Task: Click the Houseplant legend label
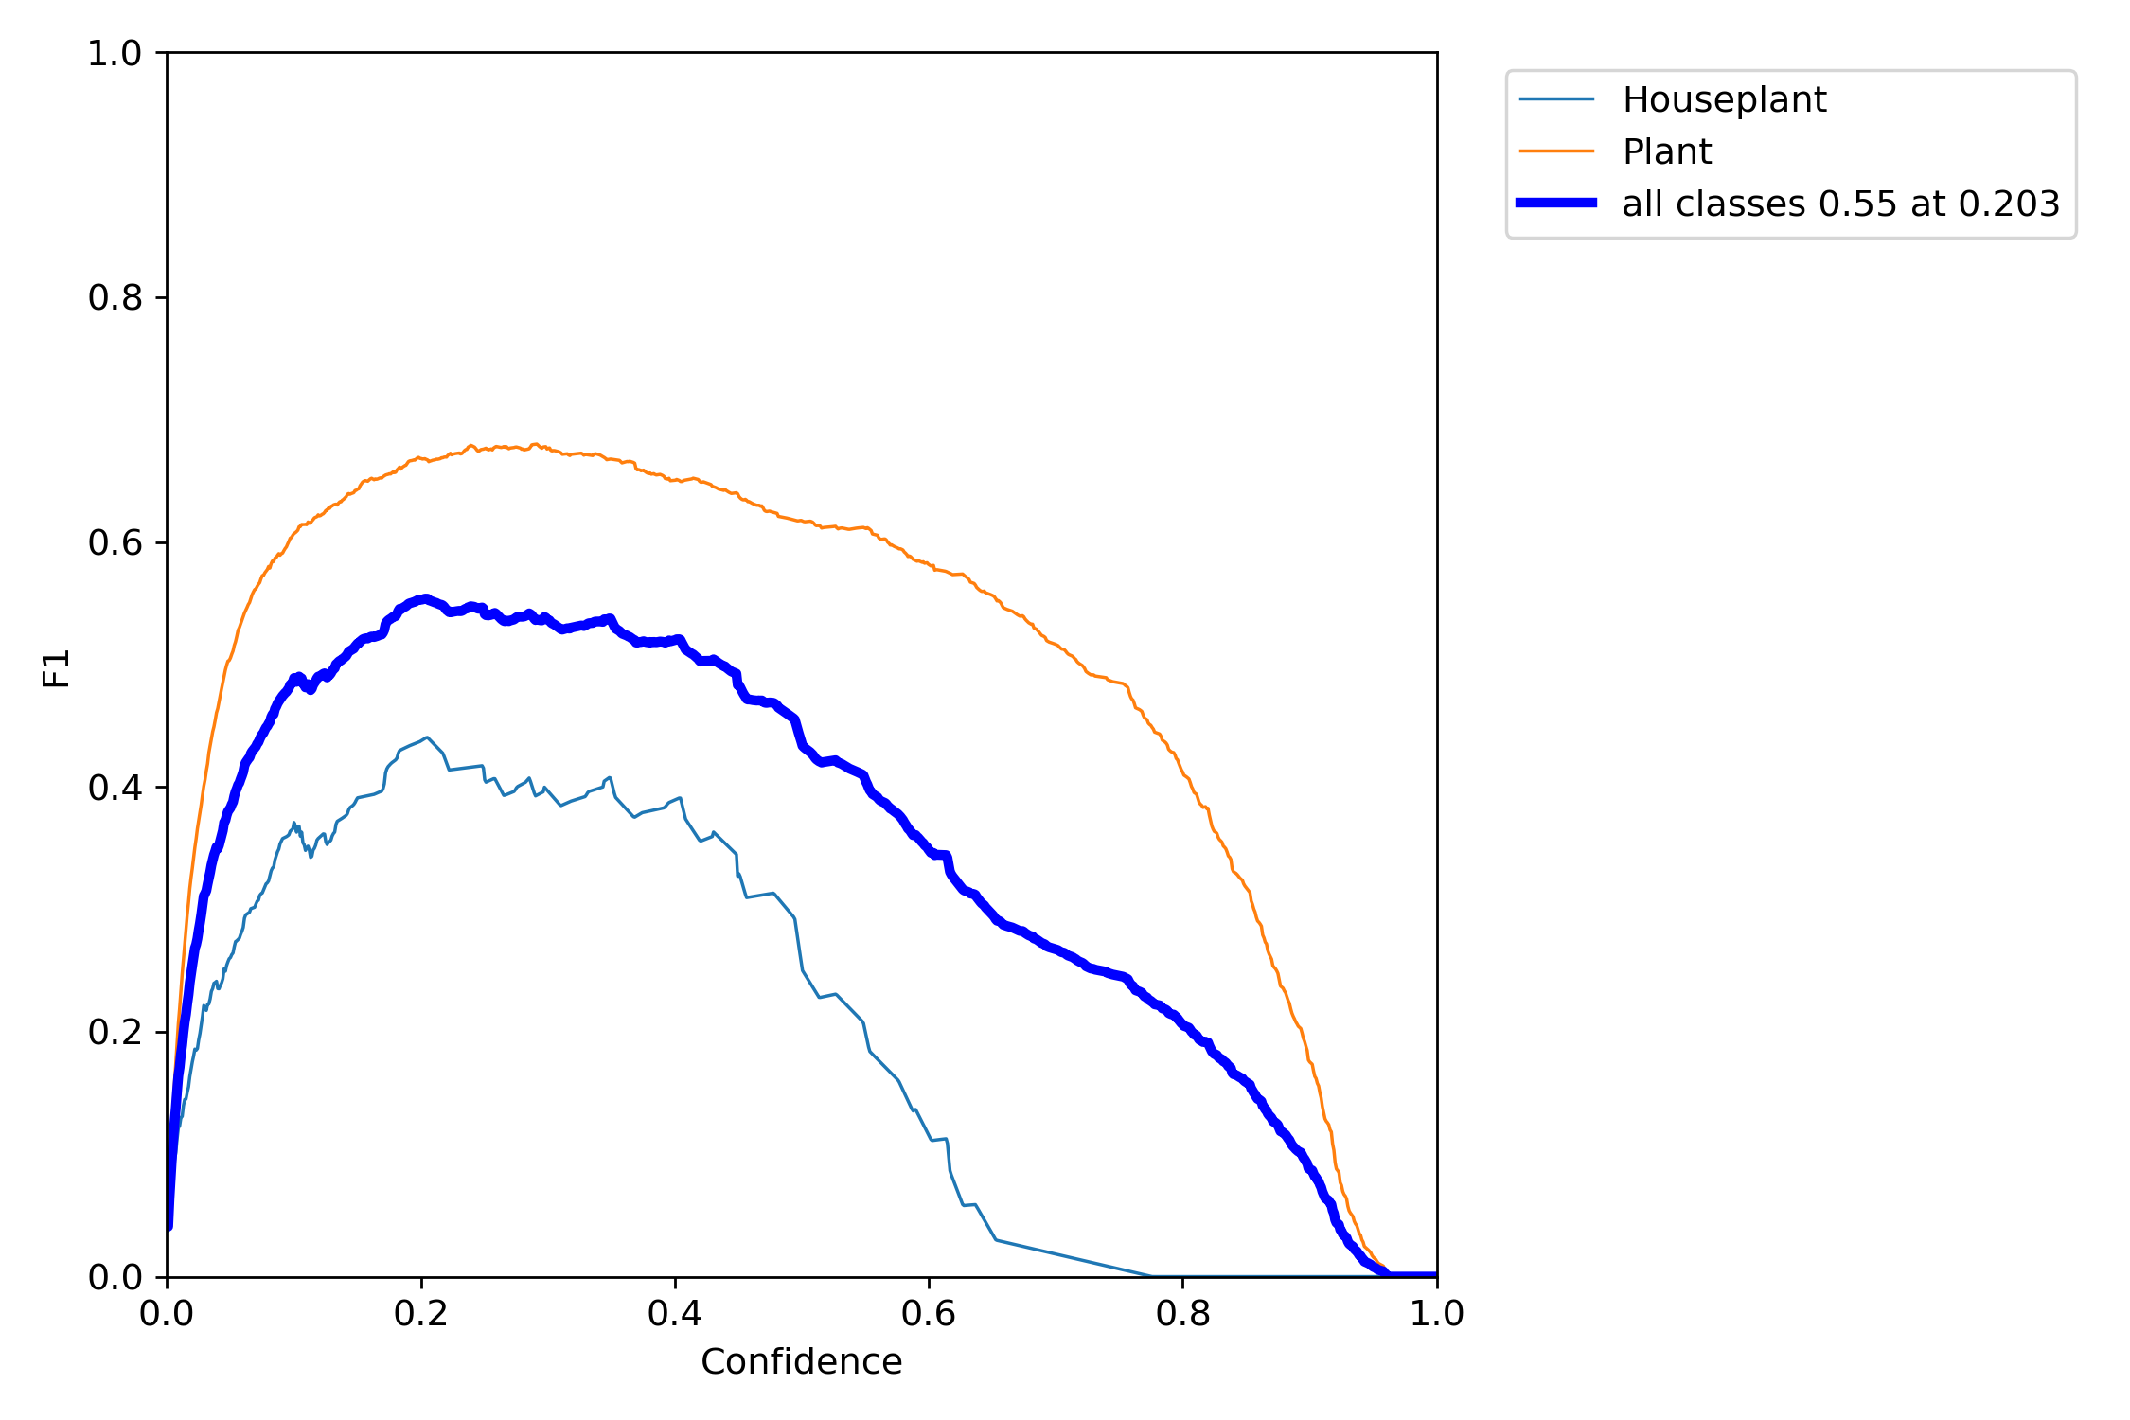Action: (1723, 99)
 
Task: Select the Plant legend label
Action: (1666, 151)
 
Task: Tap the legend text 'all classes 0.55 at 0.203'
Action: (1840, 204)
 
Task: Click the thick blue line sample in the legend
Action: (1556, 203)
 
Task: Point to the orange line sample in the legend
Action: (1556, 151)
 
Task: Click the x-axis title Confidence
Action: (801, 1361)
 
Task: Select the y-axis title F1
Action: (57, 667)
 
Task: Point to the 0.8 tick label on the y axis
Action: (115, 298)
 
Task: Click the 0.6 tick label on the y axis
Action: (115, 542)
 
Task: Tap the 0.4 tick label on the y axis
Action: (115, 788)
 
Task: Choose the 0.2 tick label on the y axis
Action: (115, 1032)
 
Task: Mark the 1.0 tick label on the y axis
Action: (115, 53)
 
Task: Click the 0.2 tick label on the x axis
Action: (421, 1314)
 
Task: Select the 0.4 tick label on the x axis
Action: (675, 1314)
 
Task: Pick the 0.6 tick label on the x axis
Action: (929, 1314)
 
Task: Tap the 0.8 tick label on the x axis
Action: (1182, 1314)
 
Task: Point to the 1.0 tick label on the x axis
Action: (1436, 1314)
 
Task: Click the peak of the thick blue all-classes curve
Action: (425, 598)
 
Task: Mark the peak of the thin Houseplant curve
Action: (427, 737)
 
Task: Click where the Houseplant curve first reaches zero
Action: (1152, 1276)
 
